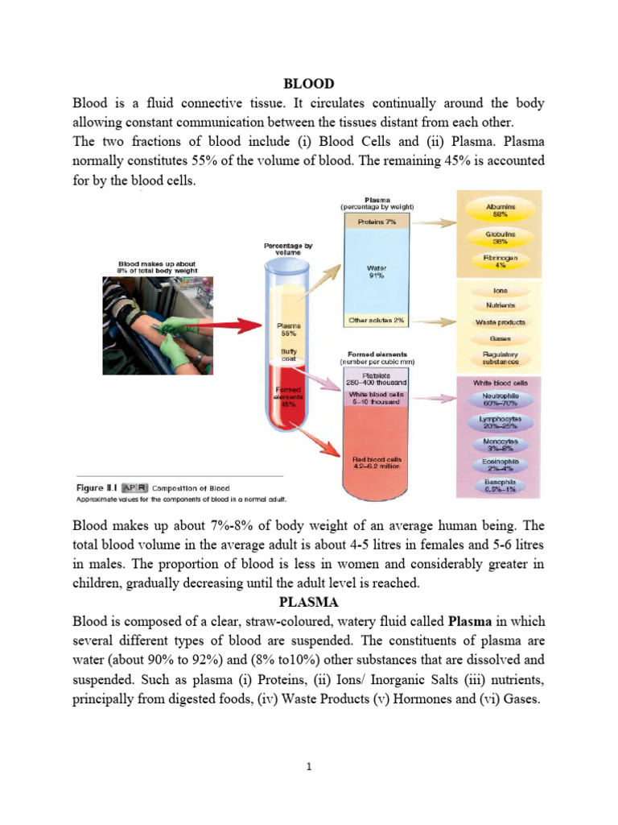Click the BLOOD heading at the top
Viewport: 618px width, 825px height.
point(309,83)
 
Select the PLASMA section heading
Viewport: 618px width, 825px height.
point(309,601)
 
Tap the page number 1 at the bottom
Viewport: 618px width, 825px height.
point(309,768)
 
